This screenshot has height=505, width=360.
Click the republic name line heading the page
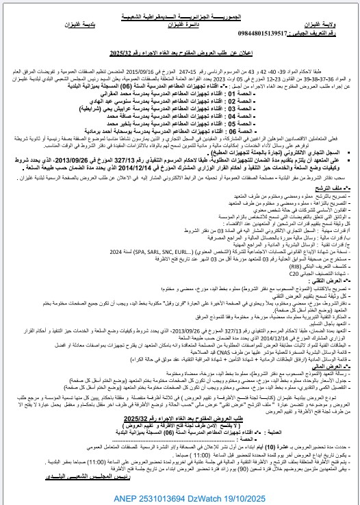tap(181, 5)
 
